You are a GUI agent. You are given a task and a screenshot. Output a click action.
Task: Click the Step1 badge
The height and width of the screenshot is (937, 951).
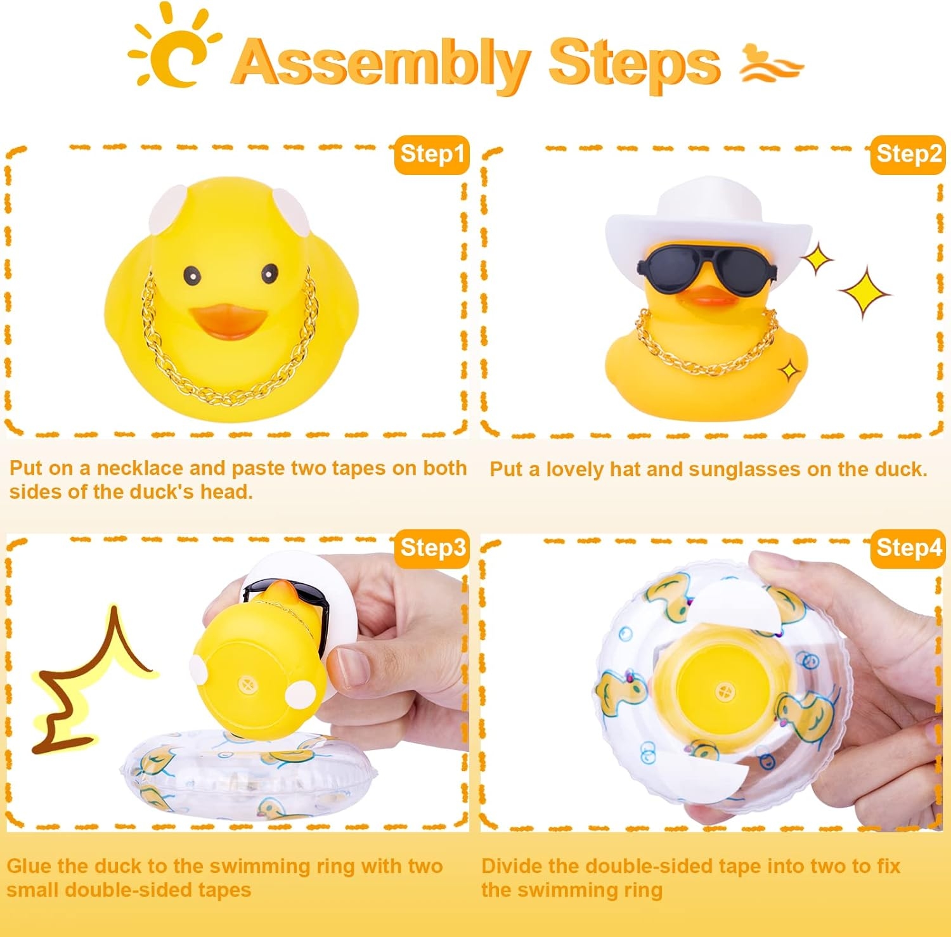(432, 154)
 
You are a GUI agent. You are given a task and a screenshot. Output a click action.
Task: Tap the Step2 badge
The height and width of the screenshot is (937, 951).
(908, 154)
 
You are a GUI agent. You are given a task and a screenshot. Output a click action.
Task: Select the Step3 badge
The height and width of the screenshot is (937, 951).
(432, 548)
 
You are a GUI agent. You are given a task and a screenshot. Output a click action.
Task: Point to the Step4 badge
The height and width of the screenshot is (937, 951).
(909, 548)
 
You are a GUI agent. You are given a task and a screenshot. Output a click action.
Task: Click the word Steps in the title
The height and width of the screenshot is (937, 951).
(634, 62)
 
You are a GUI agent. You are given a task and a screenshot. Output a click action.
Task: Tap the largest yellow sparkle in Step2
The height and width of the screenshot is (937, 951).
(865, 292)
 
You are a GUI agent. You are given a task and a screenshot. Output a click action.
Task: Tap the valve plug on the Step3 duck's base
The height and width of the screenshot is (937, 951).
(246, 685)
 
